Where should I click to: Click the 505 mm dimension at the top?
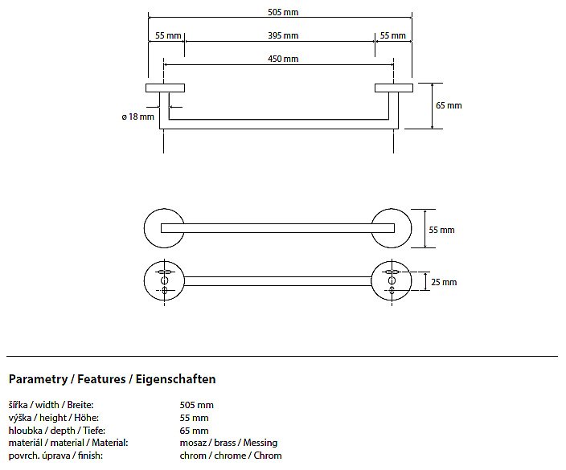(x=281, y=13)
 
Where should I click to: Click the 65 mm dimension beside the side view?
(x=449, y=105)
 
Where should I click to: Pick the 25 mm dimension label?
(x=444, y=282)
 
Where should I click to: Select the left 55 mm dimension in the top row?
(x=167, y=35)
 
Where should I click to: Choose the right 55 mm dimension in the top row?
(x=392, y=35)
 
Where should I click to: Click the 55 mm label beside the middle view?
(x=441, y=230)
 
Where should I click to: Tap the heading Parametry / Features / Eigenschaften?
(x=112, y=378)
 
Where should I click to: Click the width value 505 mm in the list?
(x=197, y=405)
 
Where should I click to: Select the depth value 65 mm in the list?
(x=195, y=431)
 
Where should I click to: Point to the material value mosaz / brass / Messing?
(x=228, y=443)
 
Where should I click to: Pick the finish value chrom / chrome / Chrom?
(x=231, y=456)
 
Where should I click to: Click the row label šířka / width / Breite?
(x=51, y=405)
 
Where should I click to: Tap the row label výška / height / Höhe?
(x=50, y=418)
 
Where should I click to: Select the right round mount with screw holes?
(x=392, y=280)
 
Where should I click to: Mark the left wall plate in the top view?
(x=165, y=87)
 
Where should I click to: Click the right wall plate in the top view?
(x=393, y=87)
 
